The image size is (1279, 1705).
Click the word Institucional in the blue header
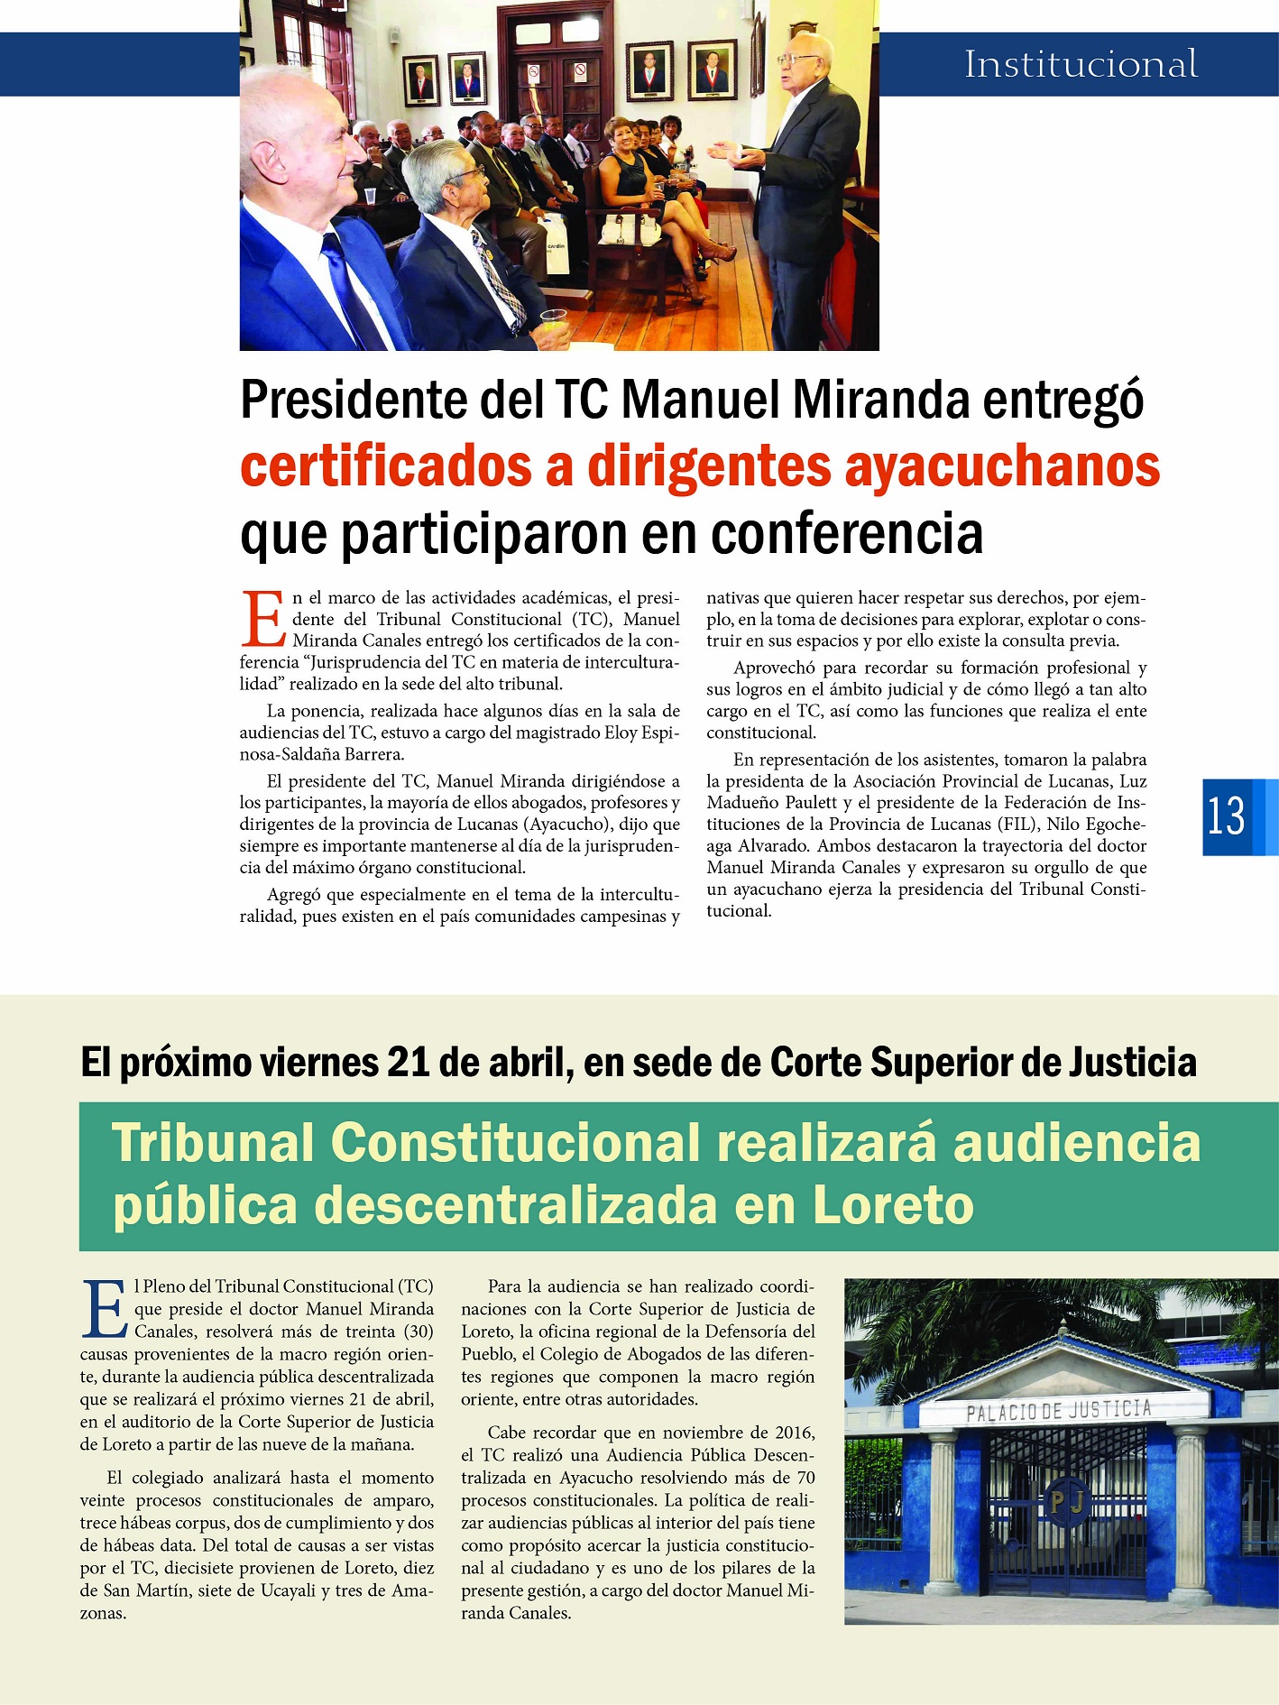pos(1081,64)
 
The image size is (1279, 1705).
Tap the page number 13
pos(1227,816)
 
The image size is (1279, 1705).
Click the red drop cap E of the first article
pos(263,620)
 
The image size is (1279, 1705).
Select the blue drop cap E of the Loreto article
pos(105,1309)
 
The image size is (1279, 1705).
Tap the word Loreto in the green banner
pos(893,1205)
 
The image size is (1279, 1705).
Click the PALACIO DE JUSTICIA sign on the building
pos(1058,1410)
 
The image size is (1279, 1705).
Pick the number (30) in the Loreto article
pos(418,1332)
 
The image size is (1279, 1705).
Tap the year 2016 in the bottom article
pos(794,1433)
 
